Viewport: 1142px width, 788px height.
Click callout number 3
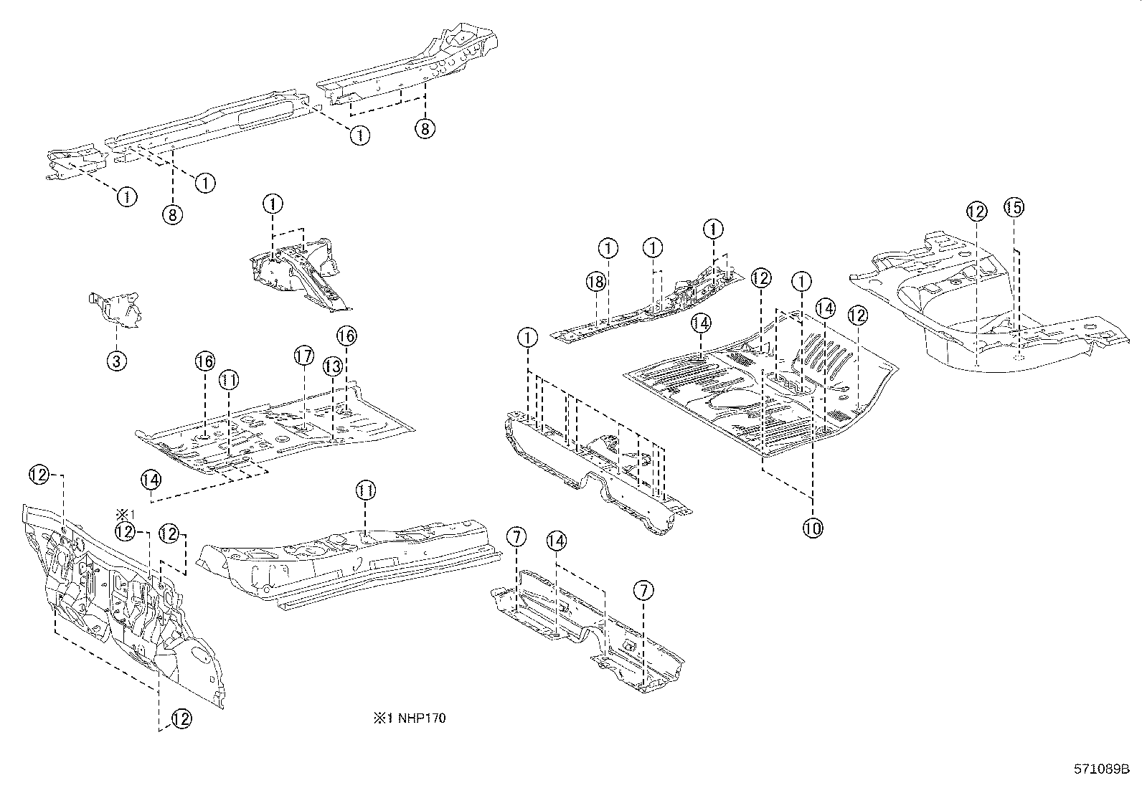click(x=116, y=361)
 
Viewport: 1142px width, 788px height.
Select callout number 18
click(x=596, y=282)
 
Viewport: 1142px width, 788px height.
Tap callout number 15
click(x=1013, y=207)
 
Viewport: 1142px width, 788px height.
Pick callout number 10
click(x=813, y=528)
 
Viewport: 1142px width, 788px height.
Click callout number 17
click(x=303, y=355)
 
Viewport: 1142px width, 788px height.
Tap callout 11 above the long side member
click(x=366, y=490)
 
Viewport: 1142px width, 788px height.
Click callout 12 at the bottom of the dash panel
click(x=181, y=718)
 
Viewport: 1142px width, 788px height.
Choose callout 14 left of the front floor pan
click(x=151, y=479)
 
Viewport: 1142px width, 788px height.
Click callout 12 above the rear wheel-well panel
click(x=976, y=211)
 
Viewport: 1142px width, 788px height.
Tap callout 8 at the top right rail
click(x=425, y=128)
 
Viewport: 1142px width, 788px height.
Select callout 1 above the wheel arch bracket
click(x=273, y=204)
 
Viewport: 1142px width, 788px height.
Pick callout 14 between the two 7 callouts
click(x=557, y=541)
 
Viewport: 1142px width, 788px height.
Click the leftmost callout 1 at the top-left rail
click(x=126, y=196)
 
